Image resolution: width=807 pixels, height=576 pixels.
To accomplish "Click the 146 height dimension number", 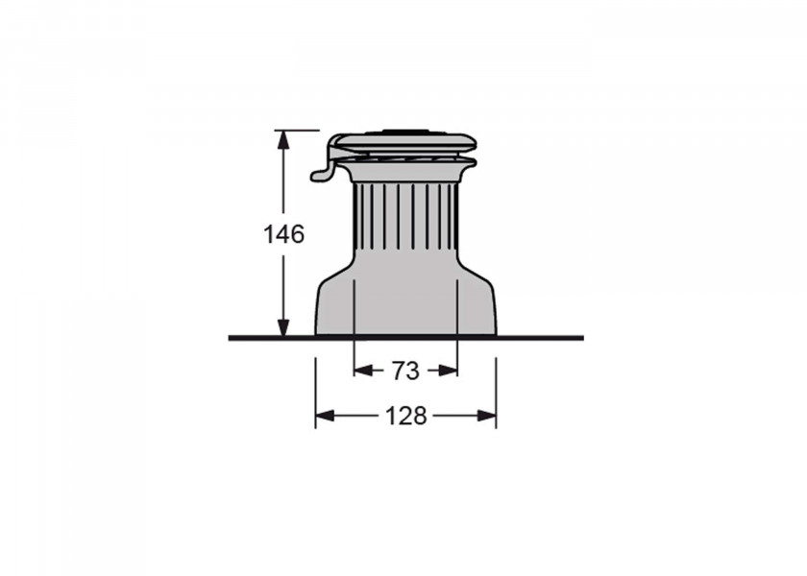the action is click(283, 234).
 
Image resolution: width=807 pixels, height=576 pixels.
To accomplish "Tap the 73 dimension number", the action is click(405, 371).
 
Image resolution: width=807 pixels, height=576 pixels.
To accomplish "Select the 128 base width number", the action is click(406, 416).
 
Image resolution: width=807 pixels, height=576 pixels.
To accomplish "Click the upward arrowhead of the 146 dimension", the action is click(282, 140).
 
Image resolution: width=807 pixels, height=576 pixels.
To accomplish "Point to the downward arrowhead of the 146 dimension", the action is click(282, 327).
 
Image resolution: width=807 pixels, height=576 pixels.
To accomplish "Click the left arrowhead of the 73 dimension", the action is click(364, 371).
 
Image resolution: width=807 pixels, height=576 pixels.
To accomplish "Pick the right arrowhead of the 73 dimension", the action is click(448, 371).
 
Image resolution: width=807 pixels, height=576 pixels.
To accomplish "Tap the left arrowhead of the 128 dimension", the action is click(326, 416).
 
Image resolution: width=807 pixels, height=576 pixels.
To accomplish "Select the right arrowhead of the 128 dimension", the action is click(486, 416).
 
